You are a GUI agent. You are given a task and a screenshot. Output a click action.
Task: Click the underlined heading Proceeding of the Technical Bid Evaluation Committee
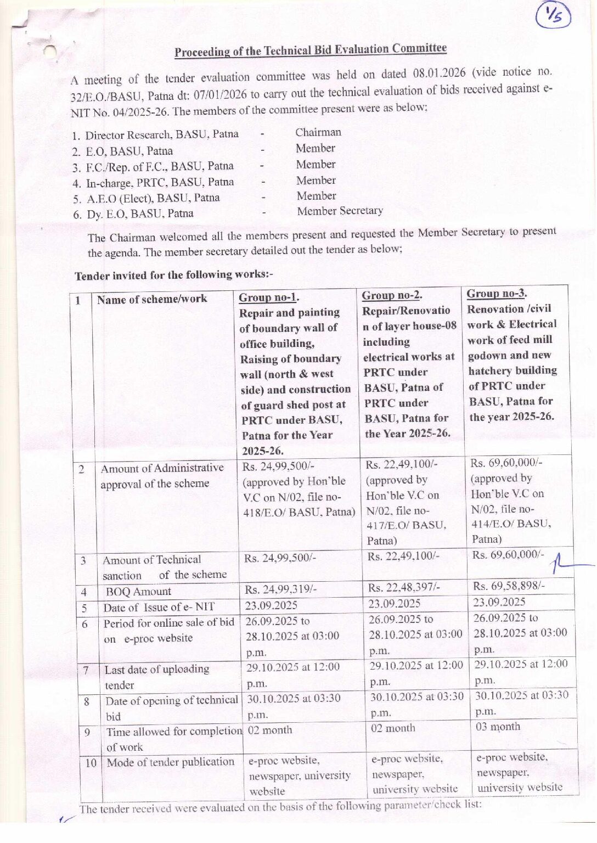click(x=311, y=50)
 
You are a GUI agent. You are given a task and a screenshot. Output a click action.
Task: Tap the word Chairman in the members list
click(x=318, y=132)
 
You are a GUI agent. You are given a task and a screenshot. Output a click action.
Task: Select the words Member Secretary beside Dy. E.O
click(x=340, y=211)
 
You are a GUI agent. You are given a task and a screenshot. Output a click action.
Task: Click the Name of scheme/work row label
click(x=152, y=299)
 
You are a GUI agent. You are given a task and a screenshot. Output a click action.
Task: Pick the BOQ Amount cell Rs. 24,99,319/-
click(x=280, y=589)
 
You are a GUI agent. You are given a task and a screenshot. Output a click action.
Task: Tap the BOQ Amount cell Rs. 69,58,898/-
click(x=509, y=586)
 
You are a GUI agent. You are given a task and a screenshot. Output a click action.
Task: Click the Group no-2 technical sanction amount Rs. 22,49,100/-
click(x=403, y=556)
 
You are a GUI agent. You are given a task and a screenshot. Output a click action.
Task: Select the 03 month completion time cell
click(x=498, y=727)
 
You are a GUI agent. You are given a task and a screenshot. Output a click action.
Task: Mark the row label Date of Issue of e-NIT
click(x=159, y=607)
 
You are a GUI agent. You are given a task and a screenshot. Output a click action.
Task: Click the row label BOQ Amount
click(x=138, y=592)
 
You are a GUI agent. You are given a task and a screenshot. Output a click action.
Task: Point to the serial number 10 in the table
click(x=91, y=763)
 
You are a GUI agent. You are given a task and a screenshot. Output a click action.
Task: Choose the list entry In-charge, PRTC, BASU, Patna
click(x=160, y=182)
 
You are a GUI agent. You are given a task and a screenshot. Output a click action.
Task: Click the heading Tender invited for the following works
click(x=173, y=275)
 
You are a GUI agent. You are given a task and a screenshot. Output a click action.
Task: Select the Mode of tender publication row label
click(x=171, y=762)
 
